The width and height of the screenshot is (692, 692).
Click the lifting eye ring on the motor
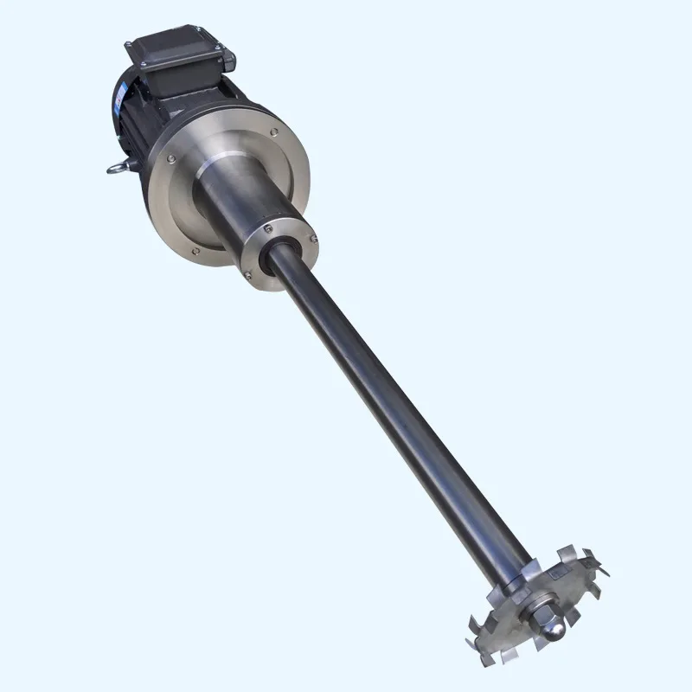coord(113,168)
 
